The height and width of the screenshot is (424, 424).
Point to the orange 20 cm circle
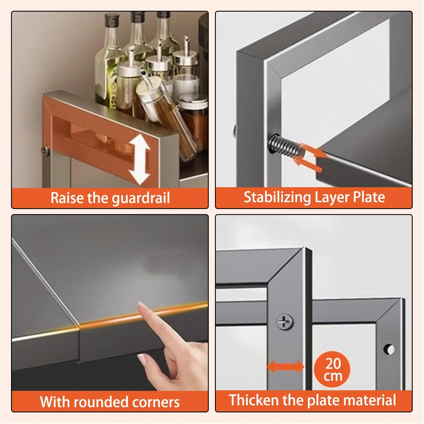tap(333, 369)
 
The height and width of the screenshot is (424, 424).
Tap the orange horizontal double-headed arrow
tap(285, 367)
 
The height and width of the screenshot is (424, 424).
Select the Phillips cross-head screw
tap(284, 322)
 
